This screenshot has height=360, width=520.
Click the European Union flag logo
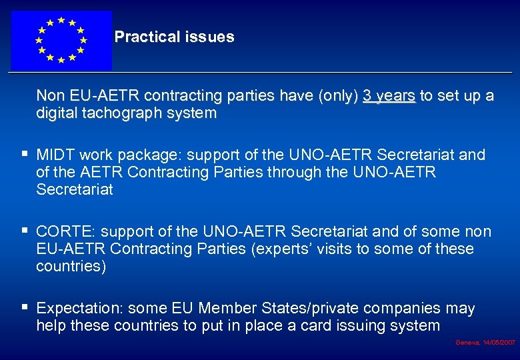coord(61,40)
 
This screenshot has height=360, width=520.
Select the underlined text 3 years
coord(389,96)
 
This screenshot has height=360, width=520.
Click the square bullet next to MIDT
coord(25,155)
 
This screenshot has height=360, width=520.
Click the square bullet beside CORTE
coord(25,231)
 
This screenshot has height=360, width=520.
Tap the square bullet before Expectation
coord(25,308)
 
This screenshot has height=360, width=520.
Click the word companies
coord(403,309)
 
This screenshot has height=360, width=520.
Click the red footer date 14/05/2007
coord(498,342)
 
